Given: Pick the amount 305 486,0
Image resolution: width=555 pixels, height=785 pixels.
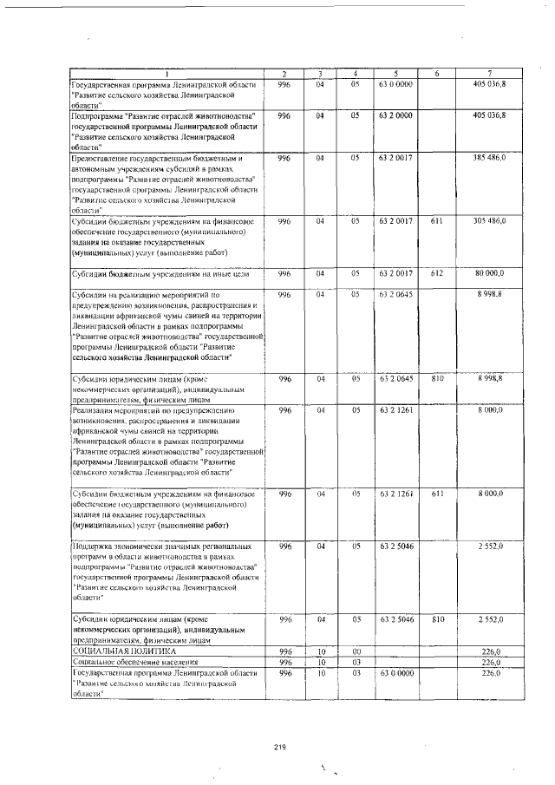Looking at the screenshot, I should (x=495, y=221).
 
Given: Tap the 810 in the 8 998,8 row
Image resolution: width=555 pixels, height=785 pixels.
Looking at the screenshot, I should (x=437, y=379).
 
